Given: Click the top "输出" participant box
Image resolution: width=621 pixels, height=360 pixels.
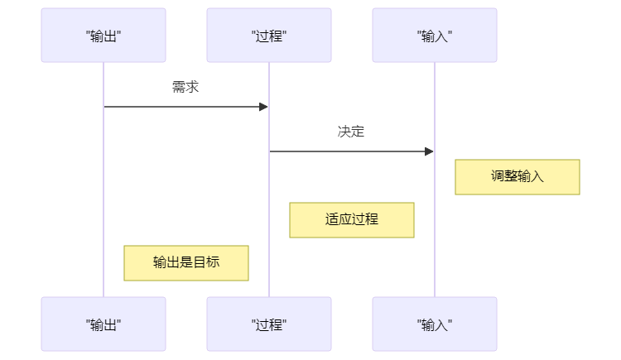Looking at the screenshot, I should click(103, 36).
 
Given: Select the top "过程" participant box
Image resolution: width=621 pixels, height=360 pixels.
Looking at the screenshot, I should click(269, 36).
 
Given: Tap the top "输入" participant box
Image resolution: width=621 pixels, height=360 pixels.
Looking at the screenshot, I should click(435, 36).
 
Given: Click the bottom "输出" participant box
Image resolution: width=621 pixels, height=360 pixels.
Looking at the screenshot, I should click(103, 324).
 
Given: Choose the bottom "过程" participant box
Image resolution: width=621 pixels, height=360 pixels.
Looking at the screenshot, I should click(269, 324).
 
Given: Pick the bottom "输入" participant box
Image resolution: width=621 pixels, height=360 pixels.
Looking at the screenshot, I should click(435, 324).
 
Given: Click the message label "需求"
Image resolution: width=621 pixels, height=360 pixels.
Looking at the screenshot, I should click(185, 87).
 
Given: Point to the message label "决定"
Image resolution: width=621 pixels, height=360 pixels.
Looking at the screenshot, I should click(351, 132).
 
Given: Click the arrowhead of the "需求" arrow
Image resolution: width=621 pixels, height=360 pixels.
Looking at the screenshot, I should click(263, 107).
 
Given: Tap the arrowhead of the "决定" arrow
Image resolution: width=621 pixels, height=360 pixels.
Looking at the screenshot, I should click(429, 151).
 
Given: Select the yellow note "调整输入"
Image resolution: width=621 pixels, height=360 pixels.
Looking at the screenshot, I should click(517, 177).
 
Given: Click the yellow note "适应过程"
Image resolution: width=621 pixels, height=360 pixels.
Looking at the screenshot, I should click(351, 220).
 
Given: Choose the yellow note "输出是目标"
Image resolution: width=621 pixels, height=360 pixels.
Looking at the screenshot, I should click(185, 263).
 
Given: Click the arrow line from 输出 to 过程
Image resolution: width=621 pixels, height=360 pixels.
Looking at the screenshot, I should click(182, 107).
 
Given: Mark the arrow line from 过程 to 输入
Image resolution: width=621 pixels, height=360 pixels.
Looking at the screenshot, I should click(348, 151).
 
